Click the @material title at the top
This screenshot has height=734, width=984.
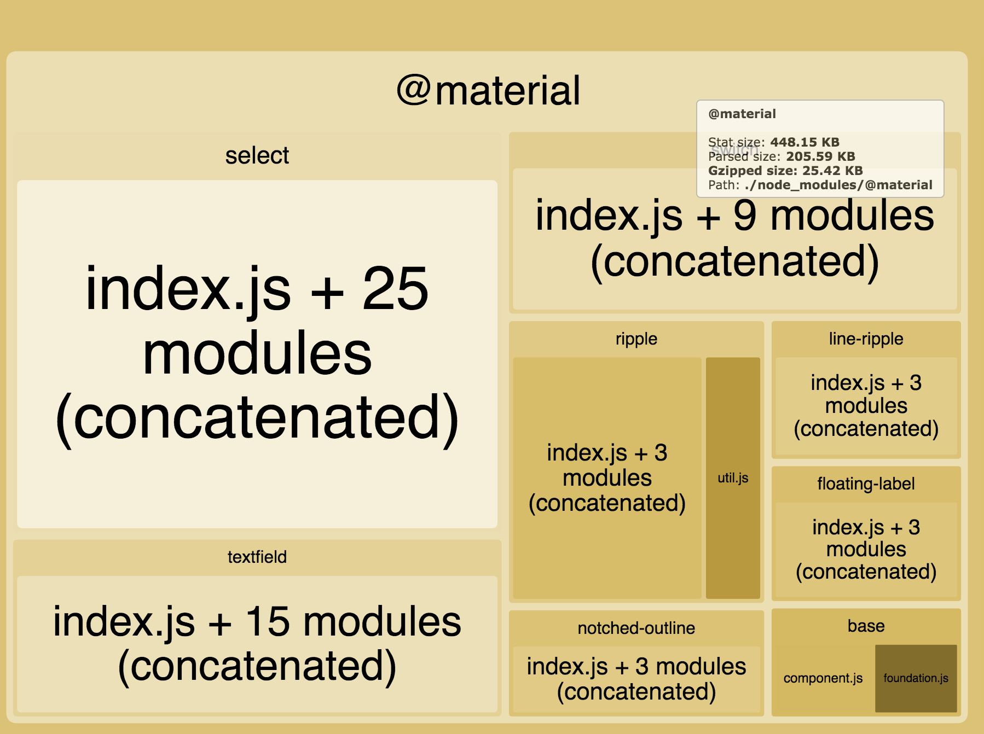488,91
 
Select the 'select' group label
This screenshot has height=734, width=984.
257,156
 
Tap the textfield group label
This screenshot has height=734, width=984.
257,557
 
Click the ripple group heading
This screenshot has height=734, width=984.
636,339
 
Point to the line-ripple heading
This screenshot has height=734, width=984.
866,339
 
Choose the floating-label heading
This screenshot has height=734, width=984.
866,483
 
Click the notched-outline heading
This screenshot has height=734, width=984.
636,628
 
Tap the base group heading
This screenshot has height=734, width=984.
866,626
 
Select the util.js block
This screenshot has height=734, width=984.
733,478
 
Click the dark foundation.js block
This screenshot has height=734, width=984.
916,678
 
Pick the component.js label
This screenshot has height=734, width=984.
823,678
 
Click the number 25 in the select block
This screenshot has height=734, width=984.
395,289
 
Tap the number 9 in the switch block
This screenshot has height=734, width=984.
745,215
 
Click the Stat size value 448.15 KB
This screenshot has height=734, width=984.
804,142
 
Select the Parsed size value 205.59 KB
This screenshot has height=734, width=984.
820,156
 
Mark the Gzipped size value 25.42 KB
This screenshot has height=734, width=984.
832,171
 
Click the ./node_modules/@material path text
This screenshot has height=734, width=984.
838,185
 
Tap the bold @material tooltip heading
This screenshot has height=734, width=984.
742,114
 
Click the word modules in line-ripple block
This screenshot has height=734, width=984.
866,406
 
